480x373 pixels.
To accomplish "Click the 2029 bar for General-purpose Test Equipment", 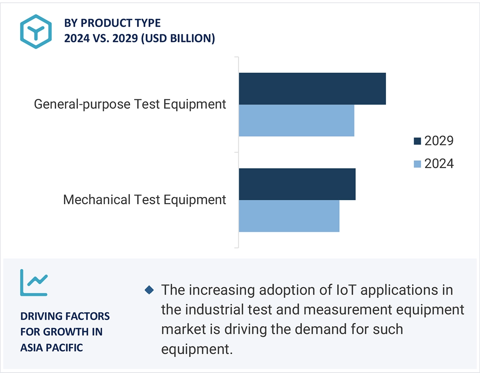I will tap(312, 89).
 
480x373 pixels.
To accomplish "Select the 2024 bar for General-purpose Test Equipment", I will tap(296, 121).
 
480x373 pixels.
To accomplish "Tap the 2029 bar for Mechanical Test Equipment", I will tap(297, 184).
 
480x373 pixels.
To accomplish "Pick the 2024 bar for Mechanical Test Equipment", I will tap(289, 216).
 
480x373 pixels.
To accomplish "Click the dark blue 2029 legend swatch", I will tap(418, 141).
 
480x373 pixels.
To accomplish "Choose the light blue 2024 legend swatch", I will tap(418, 164).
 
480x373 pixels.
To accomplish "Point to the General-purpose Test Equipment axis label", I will tap(130, 104).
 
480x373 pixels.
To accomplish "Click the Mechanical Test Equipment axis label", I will tap(144, 200).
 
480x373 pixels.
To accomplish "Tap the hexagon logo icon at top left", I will tap(36, 31).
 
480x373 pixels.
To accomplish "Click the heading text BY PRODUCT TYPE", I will tap(112, 23).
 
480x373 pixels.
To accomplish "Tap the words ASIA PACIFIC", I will tap(52, 348).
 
